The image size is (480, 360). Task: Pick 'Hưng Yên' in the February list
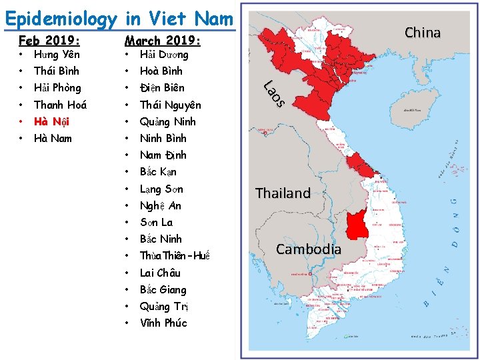coord(57,54)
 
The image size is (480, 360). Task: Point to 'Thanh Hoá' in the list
coord(60,105)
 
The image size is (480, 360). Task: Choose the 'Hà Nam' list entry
coord(53,138)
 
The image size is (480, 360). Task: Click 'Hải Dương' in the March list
coord(164,54)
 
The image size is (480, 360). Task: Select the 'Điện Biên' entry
coord(162,87)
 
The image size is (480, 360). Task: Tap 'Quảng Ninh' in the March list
coord(167,121)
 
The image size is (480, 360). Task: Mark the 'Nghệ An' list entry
coord(160,205)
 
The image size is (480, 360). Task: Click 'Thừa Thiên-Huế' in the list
coord(175,256)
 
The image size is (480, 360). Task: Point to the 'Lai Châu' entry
coord(160,273)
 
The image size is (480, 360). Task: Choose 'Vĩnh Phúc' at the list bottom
coord(163,323)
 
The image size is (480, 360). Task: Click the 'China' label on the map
coord(423,32)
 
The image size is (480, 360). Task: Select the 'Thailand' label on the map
coord(283,193)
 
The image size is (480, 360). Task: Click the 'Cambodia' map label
coord(309,249)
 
